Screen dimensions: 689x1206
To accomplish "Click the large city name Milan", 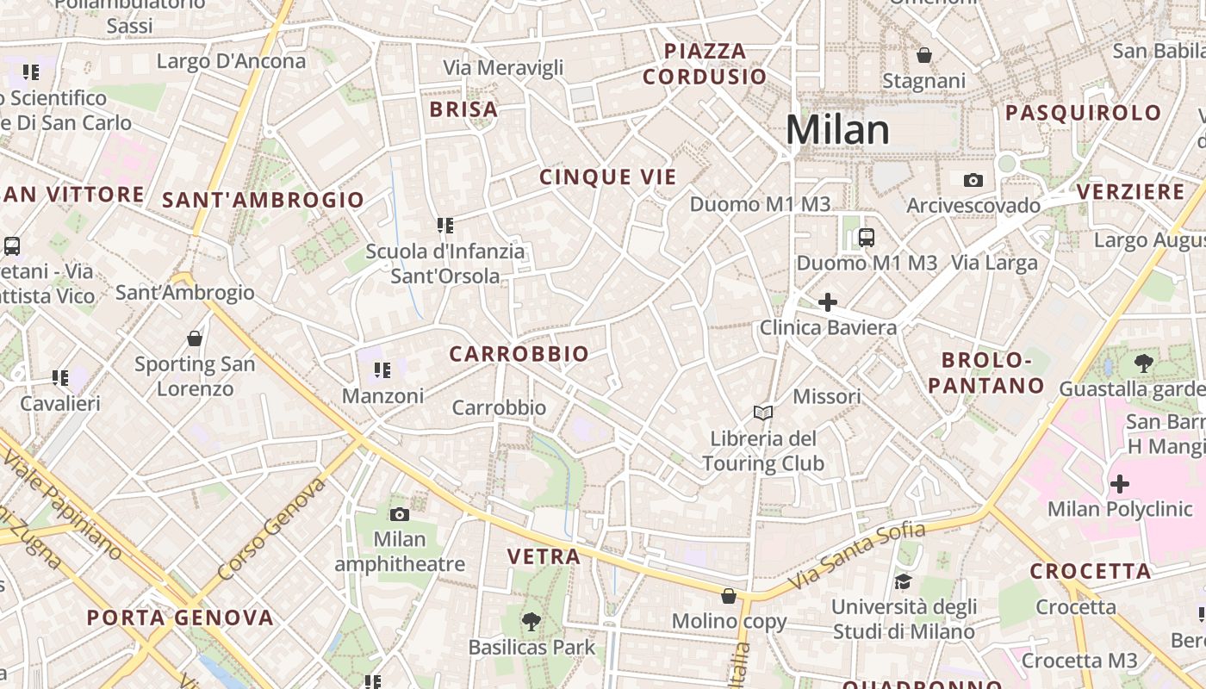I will [837, 130].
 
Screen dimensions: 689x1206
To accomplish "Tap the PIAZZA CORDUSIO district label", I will [705, 64].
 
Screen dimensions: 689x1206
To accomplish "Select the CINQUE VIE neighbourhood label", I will [608, 177].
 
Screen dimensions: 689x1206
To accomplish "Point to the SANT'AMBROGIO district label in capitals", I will [264, 201].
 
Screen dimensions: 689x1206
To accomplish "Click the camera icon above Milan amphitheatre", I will [400, 514].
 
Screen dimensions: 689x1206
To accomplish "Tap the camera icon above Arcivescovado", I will [973, 180].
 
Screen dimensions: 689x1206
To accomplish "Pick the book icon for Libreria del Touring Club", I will [762, 413].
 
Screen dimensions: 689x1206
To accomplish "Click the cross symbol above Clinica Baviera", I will [827, 302].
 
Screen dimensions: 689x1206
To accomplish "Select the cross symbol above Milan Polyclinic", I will [1119, 484].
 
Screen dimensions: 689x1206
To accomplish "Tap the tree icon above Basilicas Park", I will [532, 621].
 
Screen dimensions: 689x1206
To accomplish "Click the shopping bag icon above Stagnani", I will [924, 55].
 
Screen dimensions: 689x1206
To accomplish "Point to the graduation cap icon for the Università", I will [903, 582].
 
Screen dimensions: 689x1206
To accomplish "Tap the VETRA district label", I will [544, 557].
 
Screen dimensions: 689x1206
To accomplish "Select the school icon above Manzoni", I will [382, 370].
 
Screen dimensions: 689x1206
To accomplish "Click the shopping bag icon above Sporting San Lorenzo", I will [195, 338].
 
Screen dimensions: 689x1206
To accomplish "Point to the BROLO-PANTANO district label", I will [986, 373].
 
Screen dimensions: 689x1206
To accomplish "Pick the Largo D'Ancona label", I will [232, 61].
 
